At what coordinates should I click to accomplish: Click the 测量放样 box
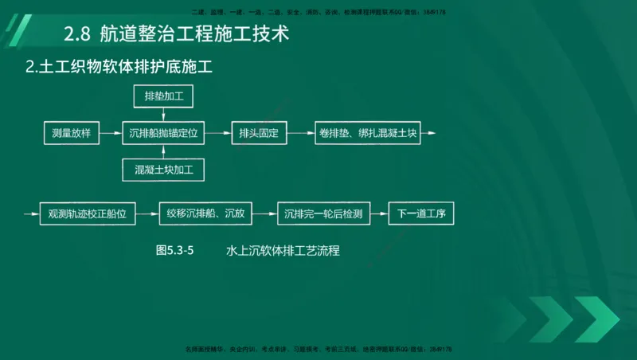71,134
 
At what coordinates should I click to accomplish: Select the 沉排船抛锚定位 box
164,134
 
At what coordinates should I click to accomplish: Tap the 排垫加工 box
164,97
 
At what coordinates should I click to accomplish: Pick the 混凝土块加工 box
164,170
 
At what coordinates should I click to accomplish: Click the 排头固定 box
258,134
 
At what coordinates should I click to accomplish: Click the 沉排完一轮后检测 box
324,213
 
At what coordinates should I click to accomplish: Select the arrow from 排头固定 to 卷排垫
299,134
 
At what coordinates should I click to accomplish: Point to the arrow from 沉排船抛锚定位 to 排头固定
217,134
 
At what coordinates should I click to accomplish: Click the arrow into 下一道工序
381,213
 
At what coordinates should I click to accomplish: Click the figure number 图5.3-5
175,250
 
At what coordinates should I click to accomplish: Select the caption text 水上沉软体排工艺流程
283,250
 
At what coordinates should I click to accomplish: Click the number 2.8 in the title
77,34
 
